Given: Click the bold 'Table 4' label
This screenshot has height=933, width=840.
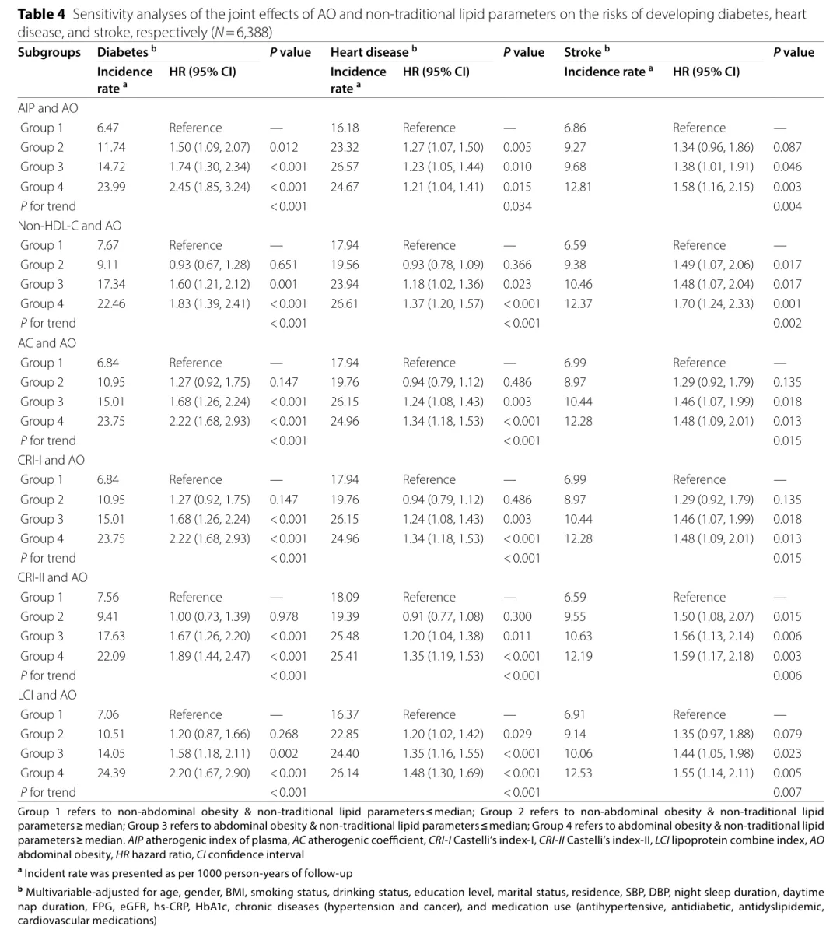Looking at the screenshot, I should pos(42,14).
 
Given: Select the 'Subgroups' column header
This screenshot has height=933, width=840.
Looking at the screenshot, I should pos(49,52).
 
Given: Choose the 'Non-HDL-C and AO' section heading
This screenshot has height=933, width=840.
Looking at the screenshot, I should pos(69,226).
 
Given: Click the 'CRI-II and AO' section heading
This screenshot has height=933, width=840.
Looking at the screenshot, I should pos(52,577).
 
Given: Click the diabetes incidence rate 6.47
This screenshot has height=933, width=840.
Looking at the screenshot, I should pos(108,128).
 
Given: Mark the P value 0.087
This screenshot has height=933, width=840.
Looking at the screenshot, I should pos(787,147).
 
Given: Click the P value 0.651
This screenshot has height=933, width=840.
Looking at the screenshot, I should pos(283,265).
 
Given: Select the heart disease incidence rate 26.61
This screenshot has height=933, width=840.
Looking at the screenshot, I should pos(345,303).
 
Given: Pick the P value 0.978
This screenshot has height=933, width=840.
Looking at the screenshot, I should pos(283,616).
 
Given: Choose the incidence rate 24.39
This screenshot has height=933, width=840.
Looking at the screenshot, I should pos(111,773).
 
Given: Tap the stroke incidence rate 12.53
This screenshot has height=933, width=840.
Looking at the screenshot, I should pos(578,773).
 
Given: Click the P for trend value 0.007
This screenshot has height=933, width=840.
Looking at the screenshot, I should pos(787,792).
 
